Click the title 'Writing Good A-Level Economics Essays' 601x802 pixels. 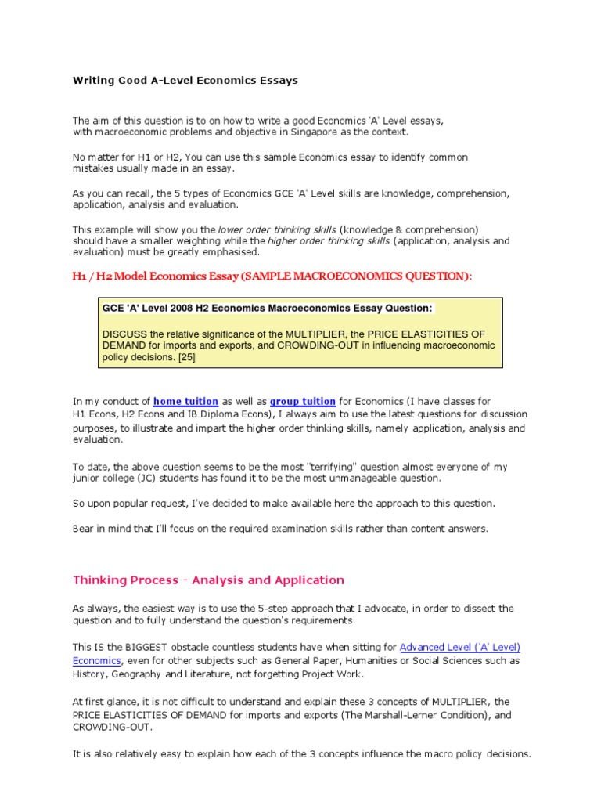pos(185,81)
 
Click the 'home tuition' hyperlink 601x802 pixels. pos(185,402)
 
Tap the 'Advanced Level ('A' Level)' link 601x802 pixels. pos(460,648)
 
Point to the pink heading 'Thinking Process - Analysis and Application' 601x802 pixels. pos(208,580)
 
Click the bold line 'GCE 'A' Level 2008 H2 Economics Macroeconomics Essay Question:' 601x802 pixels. pos(267,309)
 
